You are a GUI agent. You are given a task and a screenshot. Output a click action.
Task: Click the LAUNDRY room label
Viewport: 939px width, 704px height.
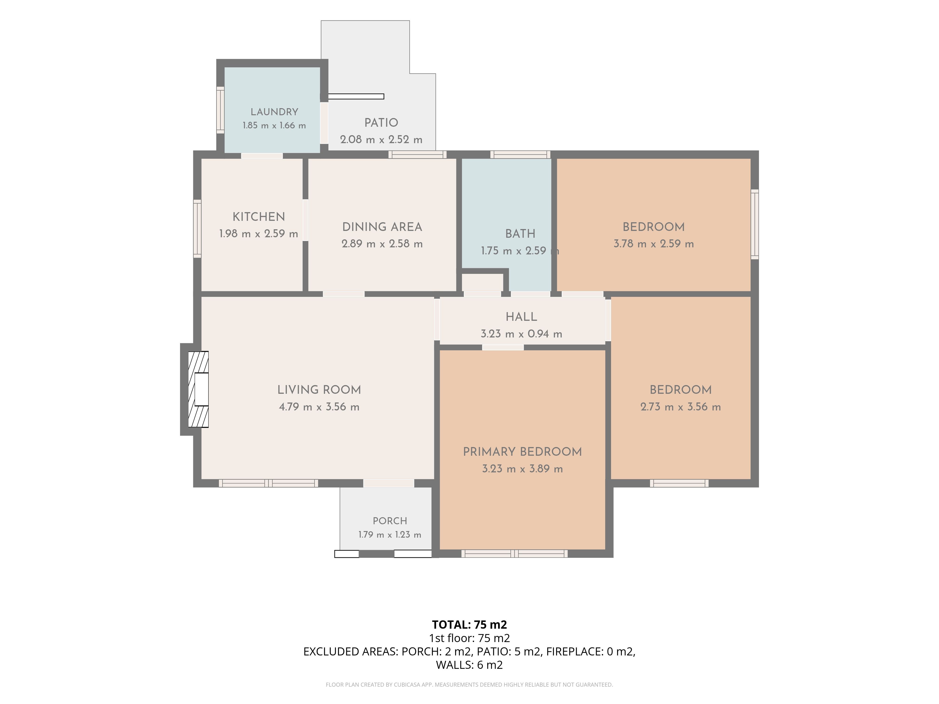coord(274,112)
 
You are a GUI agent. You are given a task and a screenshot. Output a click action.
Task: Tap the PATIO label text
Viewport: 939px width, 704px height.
coord(381,123)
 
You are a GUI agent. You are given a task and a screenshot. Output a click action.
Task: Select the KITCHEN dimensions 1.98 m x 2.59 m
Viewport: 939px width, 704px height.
coord(258,234)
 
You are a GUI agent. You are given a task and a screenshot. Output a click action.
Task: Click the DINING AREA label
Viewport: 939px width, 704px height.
coord(382,227)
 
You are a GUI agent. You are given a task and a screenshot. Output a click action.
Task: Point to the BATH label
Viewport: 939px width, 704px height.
coord(520,234)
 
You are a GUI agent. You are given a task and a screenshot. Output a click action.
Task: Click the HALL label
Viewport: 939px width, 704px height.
coord(521,317)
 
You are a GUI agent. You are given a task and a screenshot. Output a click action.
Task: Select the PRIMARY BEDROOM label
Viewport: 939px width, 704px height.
coord(522,452)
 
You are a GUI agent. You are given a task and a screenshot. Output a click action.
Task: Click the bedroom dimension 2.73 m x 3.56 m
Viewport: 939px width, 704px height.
coord(681,407)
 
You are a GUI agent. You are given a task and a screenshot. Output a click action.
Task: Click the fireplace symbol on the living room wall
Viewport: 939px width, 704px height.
coord(198,389)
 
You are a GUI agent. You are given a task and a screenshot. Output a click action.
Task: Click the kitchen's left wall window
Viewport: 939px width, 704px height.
coord(197,229)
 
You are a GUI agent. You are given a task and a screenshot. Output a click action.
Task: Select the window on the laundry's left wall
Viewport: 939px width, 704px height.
coord(220,110)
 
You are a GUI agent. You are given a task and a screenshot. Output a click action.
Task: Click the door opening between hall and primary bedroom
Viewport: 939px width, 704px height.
coord(503,348)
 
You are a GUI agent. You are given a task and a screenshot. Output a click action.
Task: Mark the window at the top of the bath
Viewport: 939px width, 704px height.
coord(520,154)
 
